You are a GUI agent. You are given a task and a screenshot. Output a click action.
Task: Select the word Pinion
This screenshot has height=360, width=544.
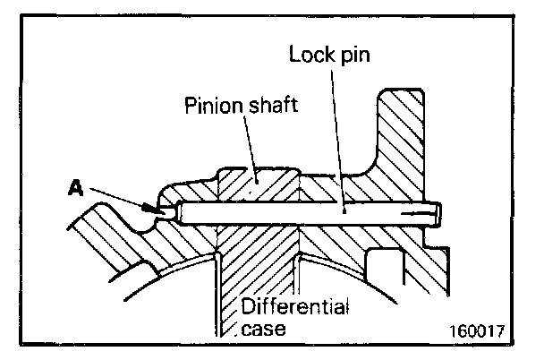point(211,108)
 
